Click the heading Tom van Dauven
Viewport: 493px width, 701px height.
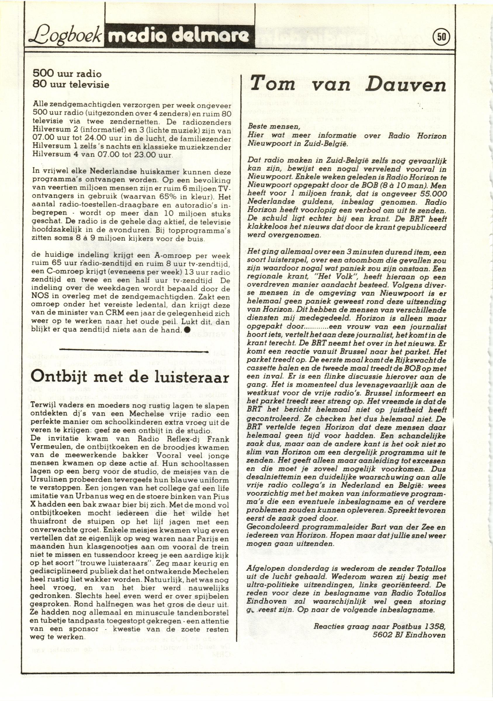[x=348, y=83]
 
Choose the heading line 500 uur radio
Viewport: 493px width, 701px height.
[x=67, y=74]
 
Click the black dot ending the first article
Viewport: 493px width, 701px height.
[x=187, y=330]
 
